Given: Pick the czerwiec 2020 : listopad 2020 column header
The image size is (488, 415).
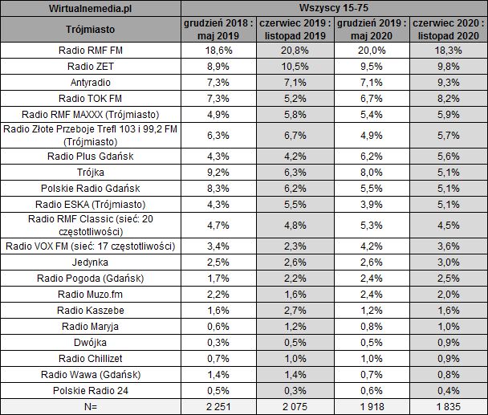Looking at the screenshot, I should click(x=447, y=30).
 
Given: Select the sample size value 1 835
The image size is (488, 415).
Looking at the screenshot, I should click(x=447, y=406).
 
